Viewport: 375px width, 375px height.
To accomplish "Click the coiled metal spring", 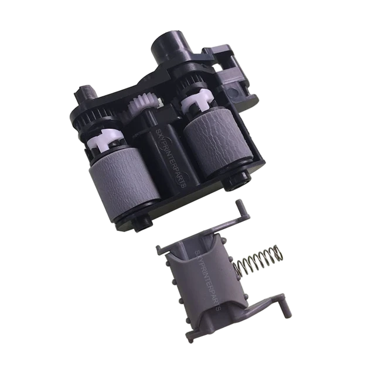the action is pyautogui.click(x=259, y=262).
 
